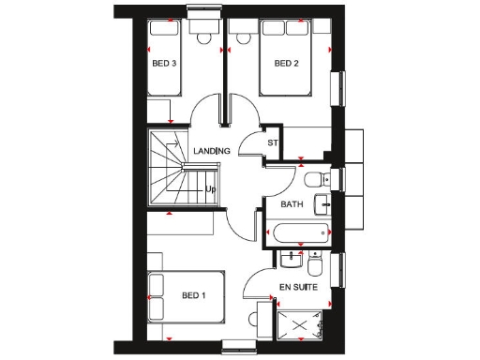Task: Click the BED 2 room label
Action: coord(286,64)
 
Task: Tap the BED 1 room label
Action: coord(195,295)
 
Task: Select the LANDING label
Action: coord(212,151)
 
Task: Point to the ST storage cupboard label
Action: coord(274,142)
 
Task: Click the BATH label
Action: coord(292,202)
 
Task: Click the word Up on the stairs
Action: coord(211,189)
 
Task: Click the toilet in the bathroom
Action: coord(315,178)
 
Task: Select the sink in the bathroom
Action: coord(322,202)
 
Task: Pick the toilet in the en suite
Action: coord(315,255)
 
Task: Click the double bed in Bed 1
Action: coord(187,298)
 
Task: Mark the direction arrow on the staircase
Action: coord(174,143)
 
